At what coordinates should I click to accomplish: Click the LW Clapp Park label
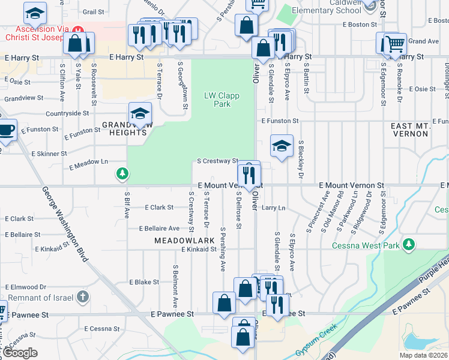(x=217, y=100)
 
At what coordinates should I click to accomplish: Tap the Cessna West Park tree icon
(x=409, y=244)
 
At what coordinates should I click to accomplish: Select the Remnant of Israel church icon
(x=83, y=296)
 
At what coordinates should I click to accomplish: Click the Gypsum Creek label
(x=316, y=342)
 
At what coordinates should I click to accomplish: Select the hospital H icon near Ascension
(x=76, y=29)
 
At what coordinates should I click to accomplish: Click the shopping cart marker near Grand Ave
(x=394, y=44)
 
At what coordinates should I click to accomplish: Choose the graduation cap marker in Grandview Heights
(x=140, y=113)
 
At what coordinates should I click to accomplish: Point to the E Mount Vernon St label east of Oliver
(x=351, y=186)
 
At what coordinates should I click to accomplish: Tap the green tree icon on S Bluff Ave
(x=122, y=174)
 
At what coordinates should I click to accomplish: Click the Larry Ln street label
(x=273, y=208)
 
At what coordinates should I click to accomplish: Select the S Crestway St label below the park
(x=218, y=161)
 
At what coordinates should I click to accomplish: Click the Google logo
(x=20, y=353)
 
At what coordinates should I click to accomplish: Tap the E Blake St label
(x=143, y=282)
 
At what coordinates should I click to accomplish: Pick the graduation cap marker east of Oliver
(x=281, y=146)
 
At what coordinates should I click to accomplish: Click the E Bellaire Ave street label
(x=159, y=229)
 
